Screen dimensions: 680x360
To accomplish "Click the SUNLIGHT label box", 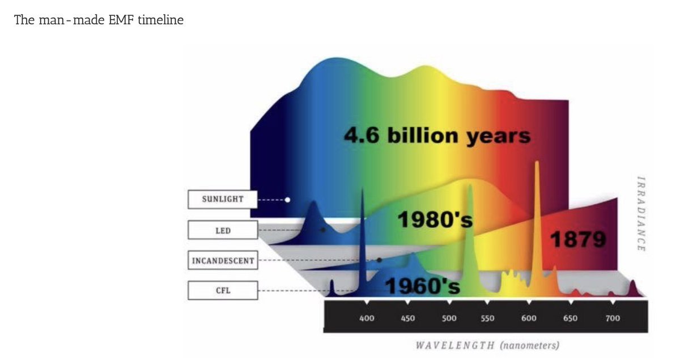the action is pyautogui.click(x=223, y=200).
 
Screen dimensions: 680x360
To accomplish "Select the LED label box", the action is pyautogui.click(x=223, y=230).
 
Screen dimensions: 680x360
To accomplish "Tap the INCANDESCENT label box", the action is pyautogui.click(x=223, y=260).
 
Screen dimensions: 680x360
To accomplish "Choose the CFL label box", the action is pyautogui.click(x=223, y=290).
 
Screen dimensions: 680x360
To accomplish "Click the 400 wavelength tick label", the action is pyautogui.click(x=367, y=318).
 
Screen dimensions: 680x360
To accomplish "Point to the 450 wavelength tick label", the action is pyautogui.click(x=407, y=318).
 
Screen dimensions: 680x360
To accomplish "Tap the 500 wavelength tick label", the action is pyautogui.click(x=449, y=318).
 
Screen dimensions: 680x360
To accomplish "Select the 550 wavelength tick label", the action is pyautogui.click(x=487, y=318).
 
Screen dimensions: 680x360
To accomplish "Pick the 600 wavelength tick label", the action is pyautogui.click(x=529, y=318).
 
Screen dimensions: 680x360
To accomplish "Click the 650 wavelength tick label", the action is pyautogui.click(x=570, y=318).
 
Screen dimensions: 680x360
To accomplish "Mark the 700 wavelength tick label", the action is pyautogui.click(x=613, y=318).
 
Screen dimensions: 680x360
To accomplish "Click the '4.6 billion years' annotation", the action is pyautogui.click(x=437, y=136).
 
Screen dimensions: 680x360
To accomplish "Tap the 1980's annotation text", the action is pyautogui.click(x=435, y=219).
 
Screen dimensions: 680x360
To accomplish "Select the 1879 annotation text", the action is pyautogui.click(x=578, y=239).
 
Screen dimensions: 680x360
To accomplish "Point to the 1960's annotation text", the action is pyautogui.click(x=422, y=286).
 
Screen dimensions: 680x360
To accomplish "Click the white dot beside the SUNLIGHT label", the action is pyautogui.click(x=287, y=200).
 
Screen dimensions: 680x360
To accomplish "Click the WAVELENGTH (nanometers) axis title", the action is pyautogui.click(x=487, y=345).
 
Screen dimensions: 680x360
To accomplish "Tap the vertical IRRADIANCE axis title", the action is pyautogui.click(x=640, y=214).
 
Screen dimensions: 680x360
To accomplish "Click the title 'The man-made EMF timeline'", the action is pyautogui.click(x=99, y=20).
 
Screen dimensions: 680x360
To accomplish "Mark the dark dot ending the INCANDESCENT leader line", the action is pyautogui.click(x=379, y=260).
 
